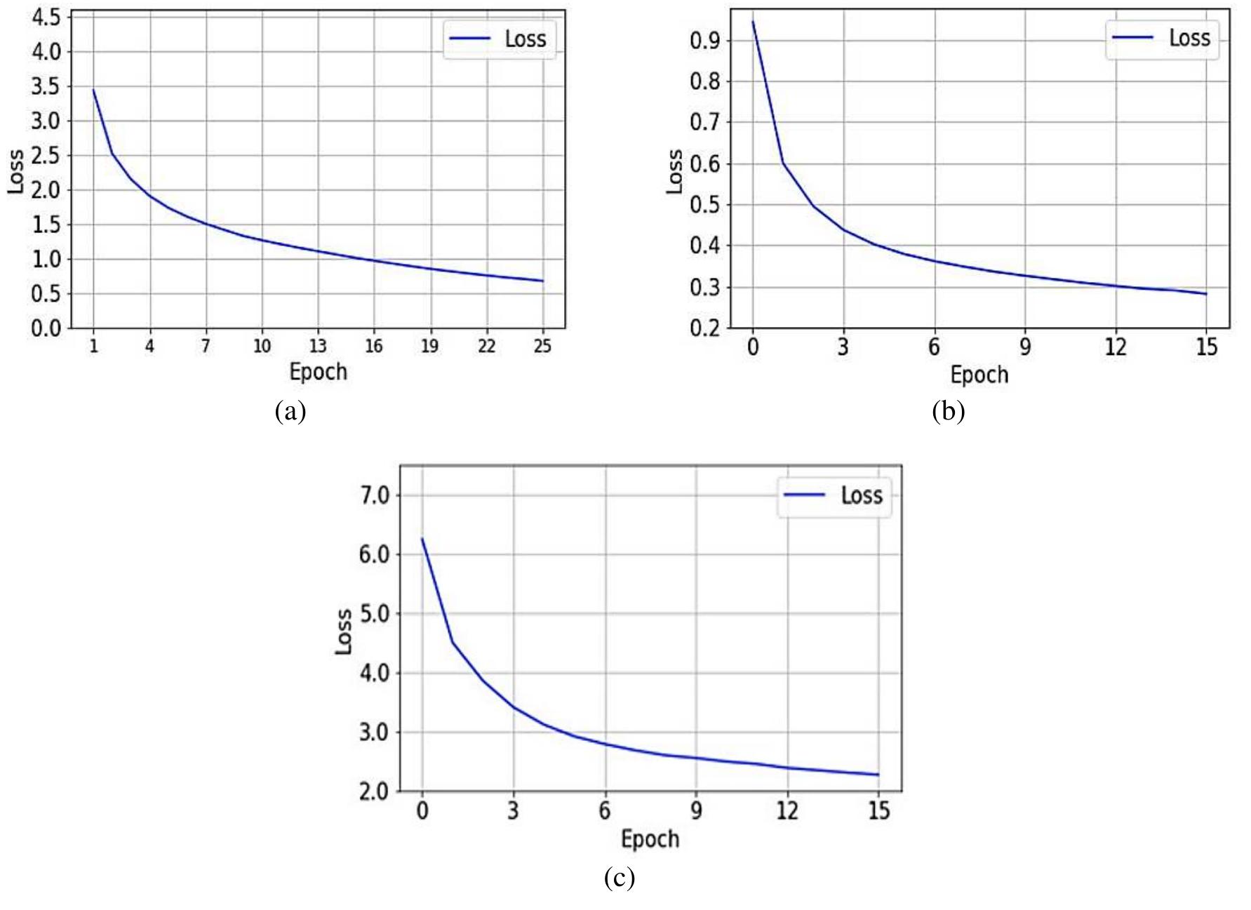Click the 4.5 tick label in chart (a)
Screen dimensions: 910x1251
[46, 18]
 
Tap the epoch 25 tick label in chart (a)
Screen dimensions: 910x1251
[542, 345]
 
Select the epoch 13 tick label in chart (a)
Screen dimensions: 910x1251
[318, 345]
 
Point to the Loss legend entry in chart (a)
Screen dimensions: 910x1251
[499, 39]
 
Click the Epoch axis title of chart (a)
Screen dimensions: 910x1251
[318, 371]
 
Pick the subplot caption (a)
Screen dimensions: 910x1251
[290, 410]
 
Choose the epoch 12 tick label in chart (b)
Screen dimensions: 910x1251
[1116, 347]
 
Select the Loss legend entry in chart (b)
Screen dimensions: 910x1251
[1163, 38]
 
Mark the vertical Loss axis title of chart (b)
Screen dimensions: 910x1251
[675, 171]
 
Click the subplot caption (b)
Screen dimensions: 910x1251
[949, 410]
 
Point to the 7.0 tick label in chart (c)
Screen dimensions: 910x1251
[373, 496]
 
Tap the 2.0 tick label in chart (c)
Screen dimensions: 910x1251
[373, 791]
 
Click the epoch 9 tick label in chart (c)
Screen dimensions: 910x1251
[696, 811]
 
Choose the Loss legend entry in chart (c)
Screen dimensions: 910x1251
[834, 495]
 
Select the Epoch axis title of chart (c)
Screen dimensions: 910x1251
[650, 838]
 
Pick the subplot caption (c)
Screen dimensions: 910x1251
[619, 877]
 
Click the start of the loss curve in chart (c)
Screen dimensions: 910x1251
[422, 538]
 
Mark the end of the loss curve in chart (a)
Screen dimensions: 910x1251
[542, 281]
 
